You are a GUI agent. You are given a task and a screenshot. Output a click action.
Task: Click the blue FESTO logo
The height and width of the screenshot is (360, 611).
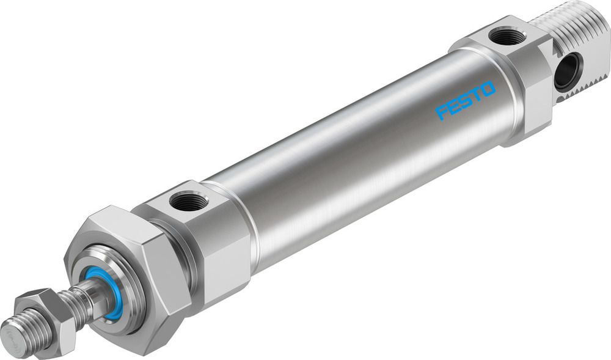466,100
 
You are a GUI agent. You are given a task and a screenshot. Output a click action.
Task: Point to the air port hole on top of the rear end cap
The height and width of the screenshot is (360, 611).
508,37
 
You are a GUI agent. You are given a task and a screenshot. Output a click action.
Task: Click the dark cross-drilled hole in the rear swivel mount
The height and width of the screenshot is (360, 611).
568,71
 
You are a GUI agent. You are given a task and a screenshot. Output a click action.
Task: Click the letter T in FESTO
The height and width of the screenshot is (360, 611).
477,94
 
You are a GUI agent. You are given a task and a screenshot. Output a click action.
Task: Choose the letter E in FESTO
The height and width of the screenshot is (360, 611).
453,106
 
